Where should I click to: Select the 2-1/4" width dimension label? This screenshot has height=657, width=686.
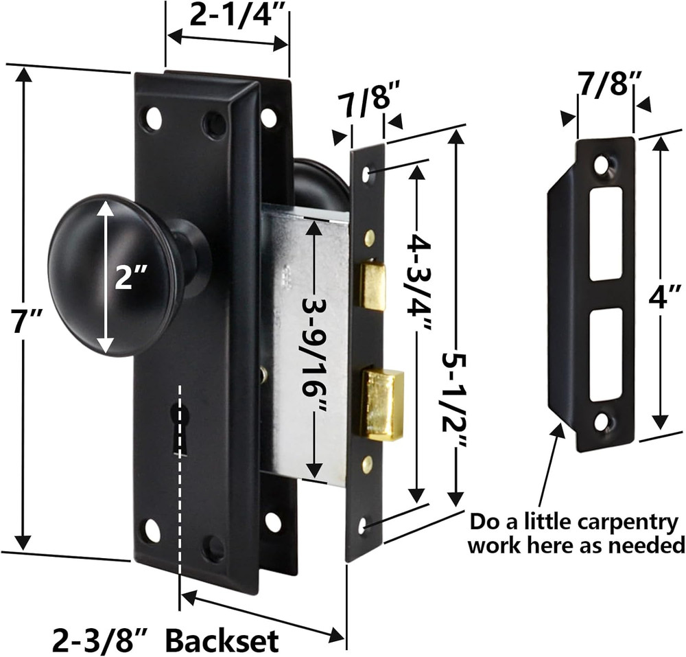point(228,15)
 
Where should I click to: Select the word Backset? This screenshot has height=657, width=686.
point(223,641)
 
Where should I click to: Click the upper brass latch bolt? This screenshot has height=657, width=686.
point(373,285)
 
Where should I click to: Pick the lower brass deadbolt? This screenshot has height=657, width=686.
point(381,404)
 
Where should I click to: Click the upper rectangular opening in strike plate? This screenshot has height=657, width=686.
point(606,233)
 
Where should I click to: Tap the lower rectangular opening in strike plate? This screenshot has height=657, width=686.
point(606,354)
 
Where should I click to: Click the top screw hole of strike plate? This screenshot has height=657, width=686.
point(602,165)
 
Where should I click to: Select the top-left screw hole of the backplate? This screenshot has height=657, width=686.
point(152,119)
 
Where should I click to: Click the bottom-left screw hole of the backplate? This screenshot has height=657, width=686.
point(151,531)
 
